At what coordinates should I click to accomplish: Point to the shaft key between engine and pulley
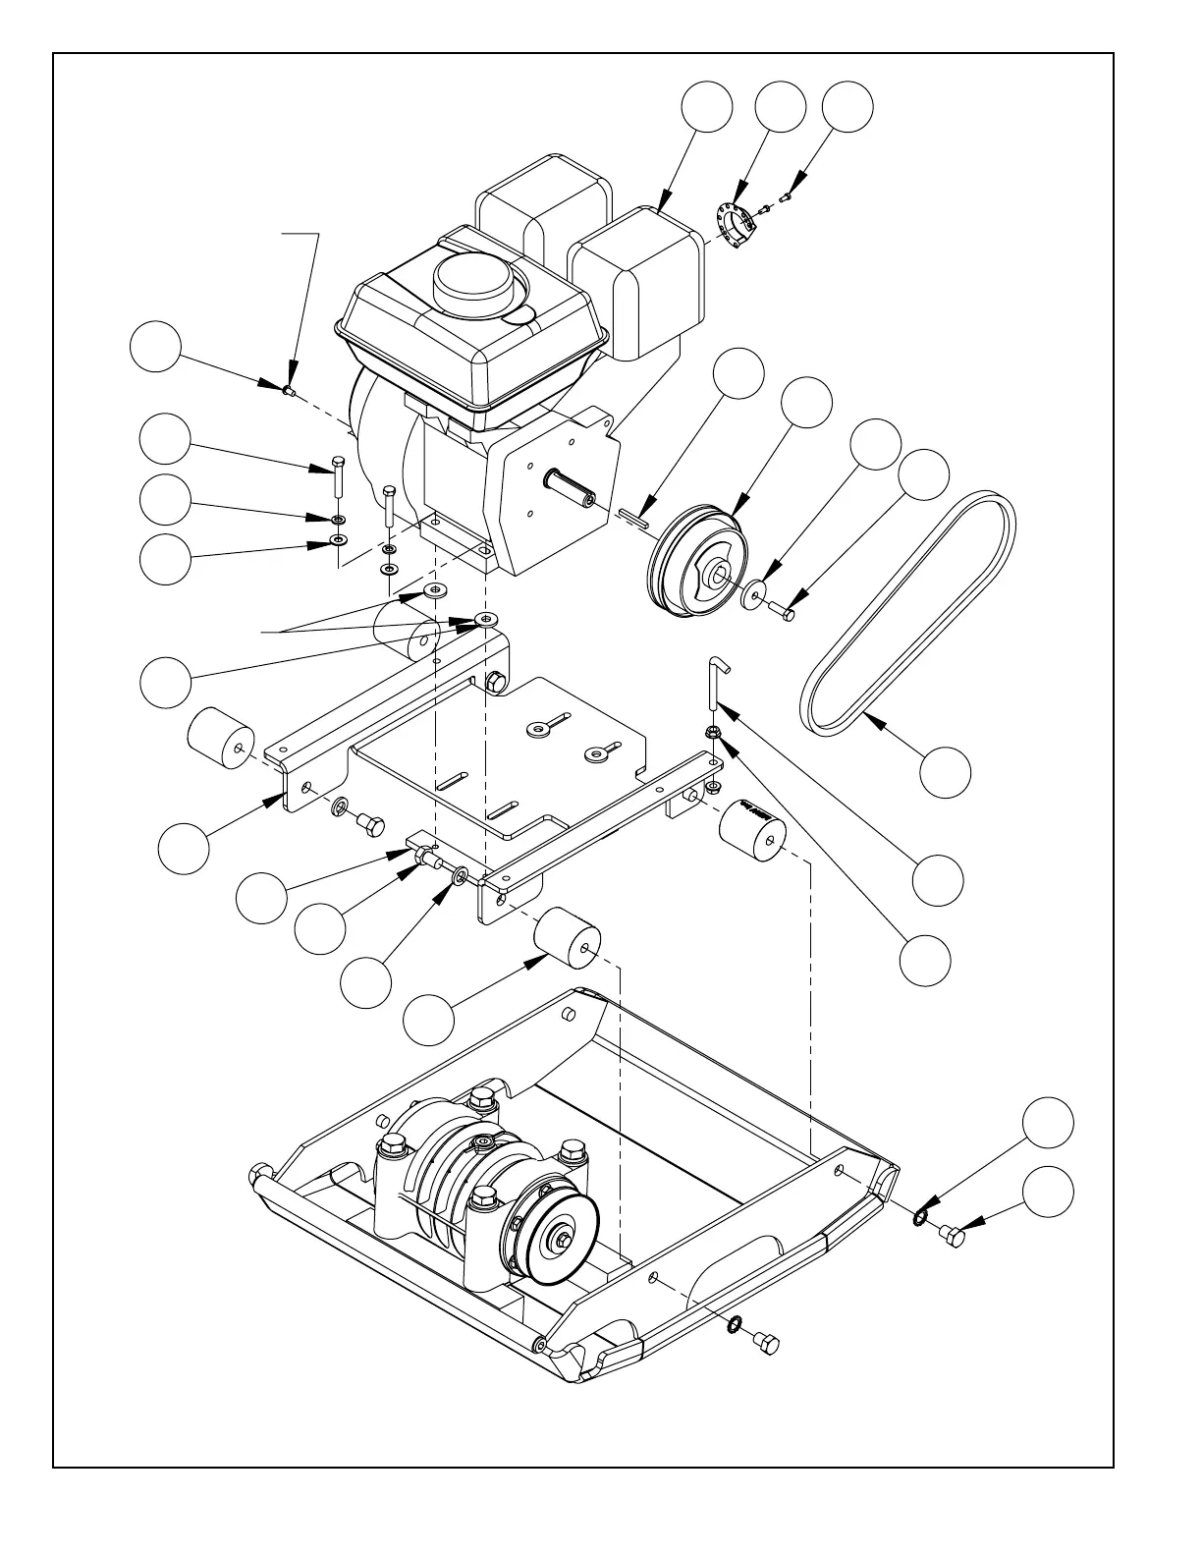click(634, 517)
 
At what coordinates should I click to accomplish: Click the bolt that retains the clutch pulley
click(785, 612)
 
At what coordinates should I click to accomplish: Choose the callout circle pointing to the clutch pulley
click(806, 403)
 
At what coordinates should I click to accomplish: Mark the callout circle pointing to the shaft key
click(738, 373)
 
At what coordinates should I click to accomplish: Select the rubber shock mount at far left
click(222, 737)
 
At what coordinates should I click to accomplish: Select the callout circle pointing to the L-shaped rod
click(937, 880)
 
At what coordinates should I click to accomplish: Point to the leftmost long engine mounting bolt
click(337, 478)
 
